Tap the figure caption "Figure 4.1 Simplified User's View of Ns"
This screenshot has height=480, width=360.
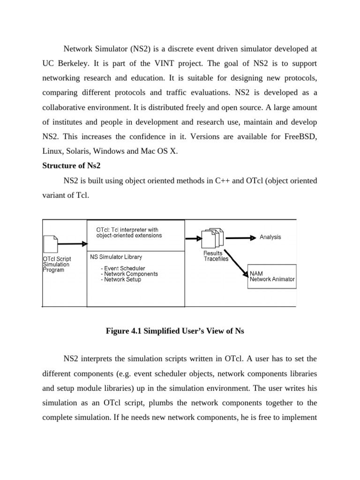coord(176,331)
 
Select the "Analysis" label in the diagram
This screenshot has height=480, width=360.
coord(270,237)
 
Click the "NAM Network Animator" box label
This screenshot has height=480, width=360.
coord(272,276)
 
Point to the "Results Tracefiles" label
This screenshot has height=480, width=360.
coord(213,256)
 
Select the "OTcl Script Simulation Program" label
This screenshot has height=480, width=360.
coord(57,264)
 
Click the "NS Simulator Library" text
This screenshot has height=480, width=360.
coord(116,257)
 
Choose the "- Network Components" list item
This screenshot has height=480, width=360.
coord(129,274)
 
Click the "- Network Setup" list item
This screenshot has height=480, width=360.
coord(120,279)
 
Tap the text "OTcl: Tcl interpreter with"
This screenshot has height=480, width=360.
coord(127,230)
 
